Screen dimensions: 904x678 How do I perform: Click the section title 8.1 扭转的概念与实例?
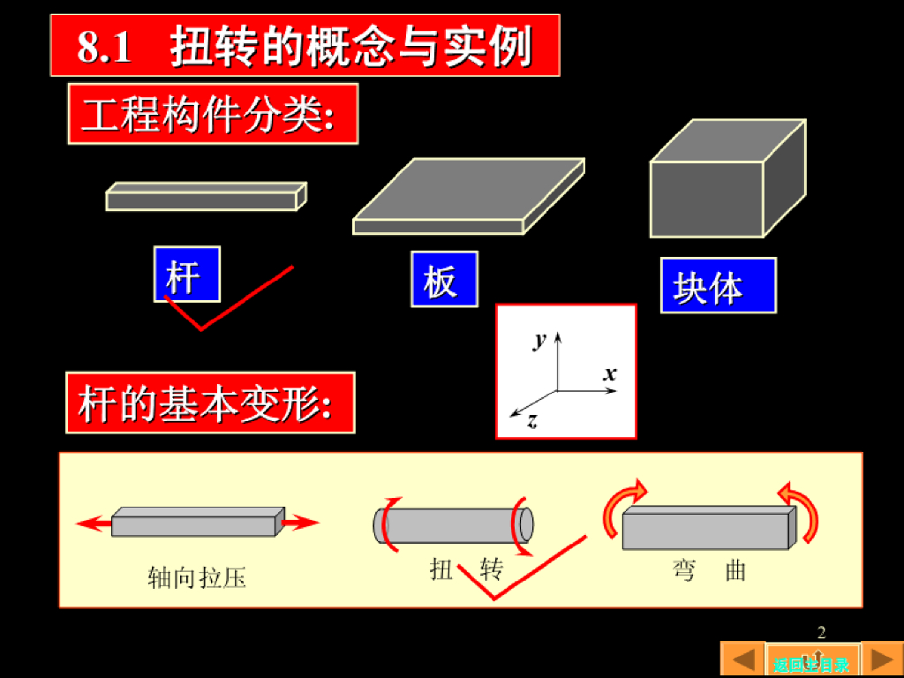point(305,45)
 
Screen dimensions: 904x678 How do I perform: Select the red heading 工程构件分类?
point(213,114)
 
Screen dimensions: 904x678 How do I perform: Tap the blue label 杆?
point(186,275)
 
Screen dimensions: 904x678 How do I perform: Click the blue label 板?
point(444,280)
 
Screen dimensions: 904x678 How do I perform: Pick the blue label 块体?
point(718,286)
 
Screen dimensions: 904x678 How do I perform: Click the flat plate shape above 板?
point(468,195)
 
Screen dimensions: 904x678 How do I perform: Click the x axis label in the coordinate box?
point(610,373)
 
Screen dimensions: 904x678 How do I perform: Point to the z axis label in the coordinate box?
point(532,422)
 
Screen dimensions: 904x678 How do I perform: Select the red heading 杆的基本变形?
point(210,403)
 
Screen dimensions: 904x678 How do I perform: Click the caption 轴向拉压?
point(196,578)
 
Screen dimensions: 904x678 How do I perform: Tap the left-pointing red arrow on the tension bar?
point(94,524)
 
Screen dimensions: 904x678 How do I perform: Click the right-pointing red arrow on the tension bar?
point(302,524)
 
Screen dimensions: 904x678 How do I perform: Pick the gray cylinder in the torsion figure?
point(453,525)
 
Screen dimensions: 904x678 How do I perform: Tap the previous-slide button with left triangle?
point(742,659)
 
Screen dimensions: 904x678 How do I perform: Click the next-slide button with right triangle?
point(881,659)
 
